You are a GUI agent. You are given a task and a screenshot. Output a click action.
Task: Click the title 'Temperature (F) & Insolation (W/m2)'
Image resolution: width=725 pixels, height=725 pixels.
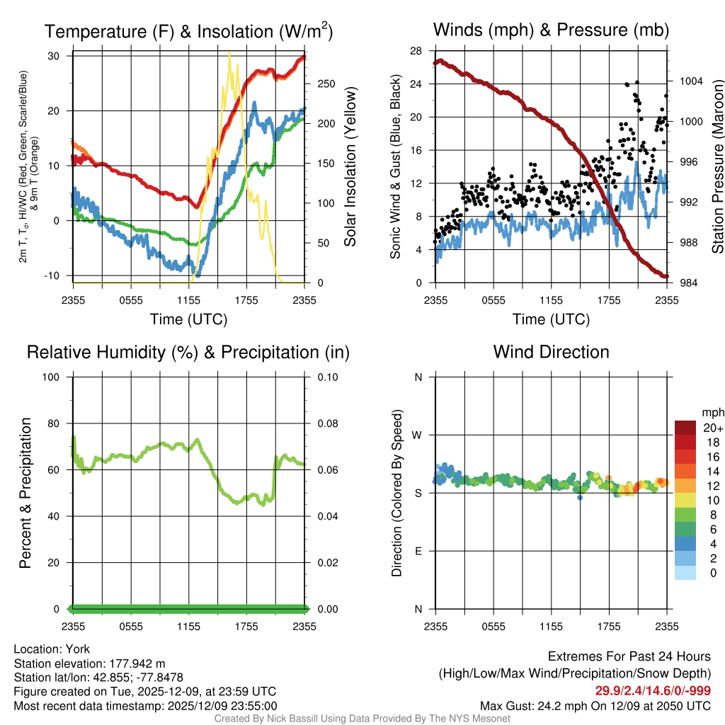[188, 31]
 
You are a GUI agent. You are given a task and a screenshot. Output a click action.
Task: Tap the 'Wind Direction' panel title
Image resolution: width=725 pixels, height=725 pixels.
[551, 352]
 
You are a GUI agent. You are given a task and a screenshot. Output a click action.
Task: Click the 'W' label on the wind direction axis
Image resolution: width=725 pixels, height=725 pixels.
[418, 435]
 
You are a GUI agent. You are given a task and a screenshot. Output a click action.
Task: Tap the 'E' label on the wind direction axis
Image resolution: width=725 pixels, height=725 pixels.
[418, 551]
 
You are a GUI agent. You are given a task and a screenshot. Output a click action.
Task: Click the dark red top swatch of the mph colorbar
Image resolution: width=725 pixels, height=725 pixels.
[685, 428]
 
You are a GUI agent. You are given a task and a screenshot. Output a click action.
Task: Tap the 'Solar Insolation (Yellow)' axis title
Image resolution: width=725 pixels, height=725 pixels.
[350, 166]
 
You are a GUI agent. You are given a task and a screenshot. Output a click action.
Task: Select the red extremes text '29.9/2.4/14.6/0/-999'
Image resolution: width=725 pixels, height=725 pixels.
[653, 691]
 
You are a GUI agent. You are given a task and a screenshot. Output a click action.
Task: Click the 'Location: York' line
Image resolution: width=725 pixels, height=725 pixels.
[52, 649]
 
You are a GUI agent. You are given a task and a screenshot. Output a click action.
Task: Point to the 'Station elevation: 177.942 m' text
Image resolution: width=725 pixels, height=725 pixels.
[89, 663]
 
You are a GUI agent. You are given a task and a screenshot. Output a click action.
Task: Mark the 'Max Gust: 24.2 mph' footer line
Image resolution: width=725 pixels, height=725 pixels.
[595, 705]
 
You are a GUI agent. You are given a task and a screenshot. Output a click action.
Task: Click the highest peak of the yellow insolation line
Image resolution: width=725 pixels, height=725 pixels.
[229, 54]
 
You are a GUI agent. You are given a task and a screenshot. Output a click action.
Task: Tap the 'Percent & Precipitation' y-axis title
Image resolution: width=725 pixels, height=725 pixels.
[25, 493]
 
